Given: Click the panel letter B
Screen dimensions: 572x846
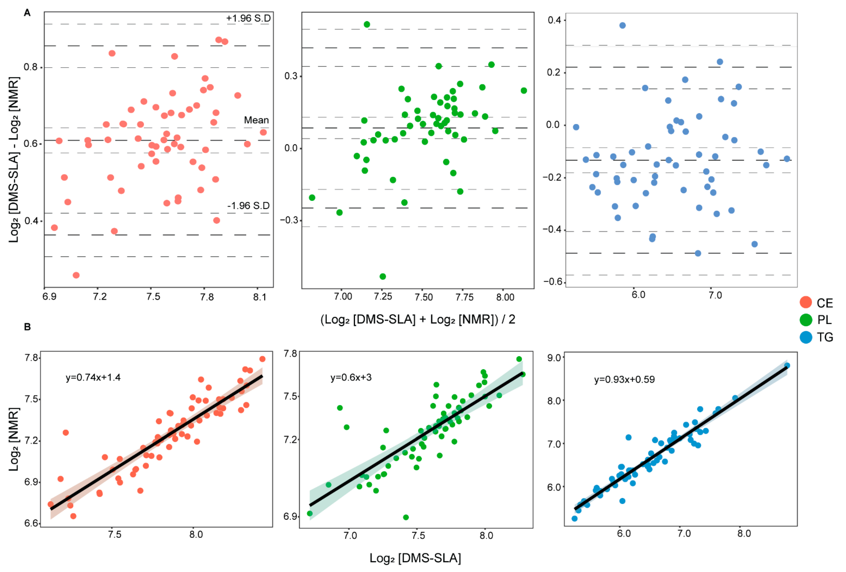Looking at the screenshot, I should coord(27,327).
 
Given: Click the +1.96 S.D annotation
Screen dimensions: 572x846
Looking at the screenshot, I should coord(248,18).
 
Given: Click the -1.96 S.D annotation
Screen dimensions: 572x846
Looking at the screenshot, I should coord(248,206).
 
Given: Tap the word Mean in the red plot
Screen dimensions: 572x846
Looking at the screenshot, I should coord(256,120).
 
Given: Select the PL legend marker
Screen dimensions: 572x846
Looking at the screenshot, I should coord(806,320).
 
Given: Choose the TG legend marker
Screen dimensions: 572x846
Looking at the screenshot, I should coord(806,337).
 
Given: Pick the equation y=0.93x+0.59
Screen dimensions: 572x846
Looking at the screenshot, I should coord(624,380).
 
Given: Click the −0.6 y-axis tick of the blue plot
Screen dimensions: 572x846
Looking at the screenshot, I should coord(553,282).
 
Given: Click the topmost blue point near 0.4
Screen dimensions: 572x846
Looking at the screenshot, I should coord(622,25).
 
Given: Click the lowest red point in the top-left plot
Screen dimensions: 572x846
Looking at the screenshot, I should coord(76,275).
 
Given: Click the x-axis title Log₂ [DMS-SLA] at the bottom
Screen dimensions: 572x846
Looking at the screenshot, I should coord(415,558).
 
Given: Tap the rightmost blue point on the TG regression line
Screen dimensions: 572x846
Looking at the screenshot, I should coord(787,365).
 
